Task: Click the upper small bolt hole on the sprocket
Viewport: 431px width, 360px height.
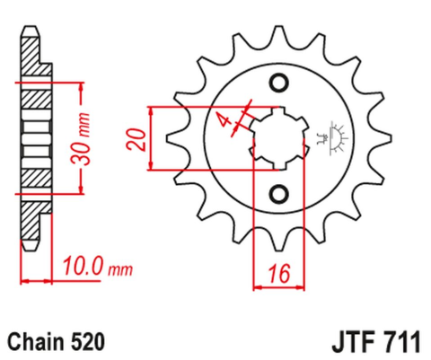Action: [x=277, y=83]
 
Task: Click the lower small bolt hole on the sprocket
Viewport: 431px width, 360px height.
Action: [x=277, y=194]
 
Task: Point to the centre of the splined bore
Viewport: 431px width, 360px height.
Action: [x=277, y=138]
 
